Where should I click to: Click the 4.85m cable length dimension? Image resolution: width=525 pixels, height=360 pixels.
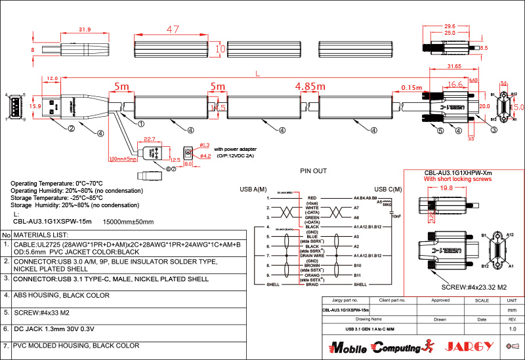[x=310, y=87]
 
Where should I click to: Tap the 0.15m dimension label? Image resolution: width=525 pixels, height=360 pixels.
[x=411, y=87]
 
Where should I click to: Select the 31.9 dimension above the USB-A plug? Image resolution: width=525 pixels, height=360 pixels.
[x=85, y=30]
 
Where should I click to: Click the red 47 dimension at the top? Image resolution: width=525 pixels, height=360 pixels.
[x=173, y=30]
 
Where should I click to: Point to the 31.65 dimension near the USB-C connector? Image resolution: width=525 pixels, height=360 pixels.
[x=453, y=66]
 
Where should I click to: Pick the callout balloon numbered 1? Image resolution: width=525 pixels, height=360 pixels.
[x=140, y=123]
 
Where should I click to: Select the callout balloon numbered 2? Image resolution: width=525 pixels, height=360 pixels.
[x=70, y=129]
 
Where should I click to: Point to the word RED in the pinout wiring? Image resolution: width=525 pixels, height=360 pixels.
[x=312, y=196]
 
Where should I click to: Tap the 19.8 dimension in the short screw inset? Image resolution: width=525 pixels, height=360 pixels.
[x=447, y=188]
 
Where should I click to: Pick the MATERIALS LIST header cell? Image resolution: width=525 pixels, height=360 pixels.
[x=41, y=234]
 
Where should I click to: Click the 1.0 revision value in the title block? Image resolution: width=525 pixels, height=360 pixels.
[x=513, y=328]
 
